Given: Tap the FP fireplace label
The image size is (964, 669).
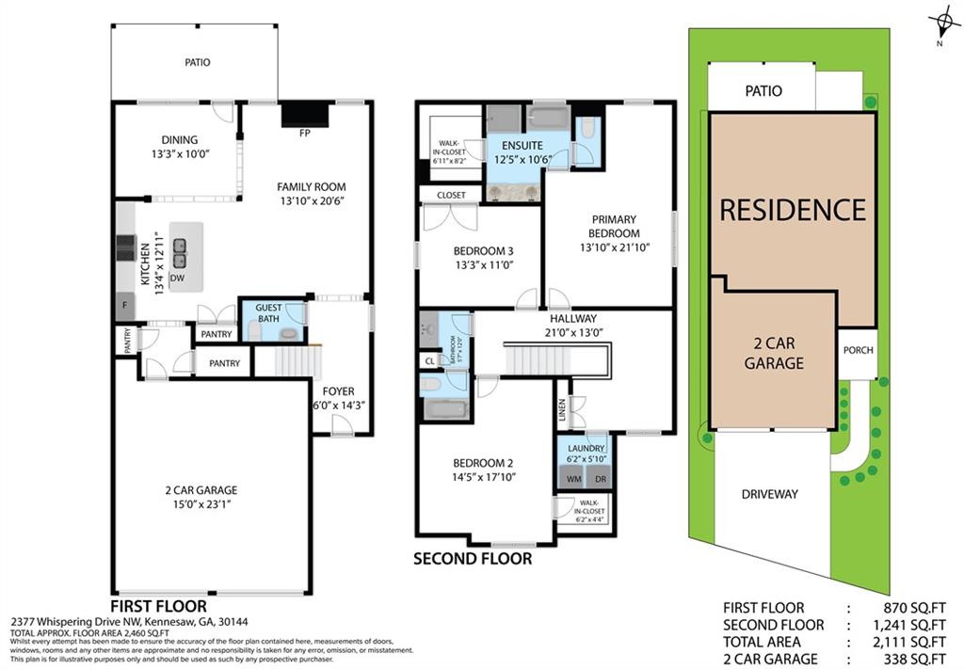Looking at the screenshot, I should [x=304, y=133].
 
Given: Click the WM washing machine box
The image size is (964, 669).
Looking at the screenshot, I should [x=572, y=478].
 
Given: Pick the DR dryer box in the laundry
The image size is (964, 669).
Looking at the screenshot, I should [x=598, y=478].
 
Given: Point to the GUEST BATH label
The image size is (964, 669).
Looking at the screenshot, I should [x=268, y=313].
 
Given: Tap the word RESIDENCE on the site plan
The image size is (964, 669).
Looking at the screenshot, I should [x=792, y=209].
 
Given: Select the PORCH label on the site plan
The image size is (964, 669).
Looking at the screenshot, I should [x=858, y=350].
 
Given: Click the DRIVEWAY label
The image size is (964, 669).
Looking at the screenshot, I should [x=769, y=494].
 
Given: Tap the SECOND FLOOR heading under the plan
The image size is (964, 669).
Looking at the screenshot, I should [x=472, y=559].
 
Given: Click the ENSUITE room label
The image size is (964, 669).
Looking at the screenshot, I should [x=522, y=146].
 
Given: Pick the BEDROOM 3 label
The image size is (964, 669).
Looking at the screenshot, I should [x=483, y=250].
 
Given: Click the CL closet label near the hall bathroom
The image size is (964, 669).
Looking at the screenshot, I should [x=429, y=360].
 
